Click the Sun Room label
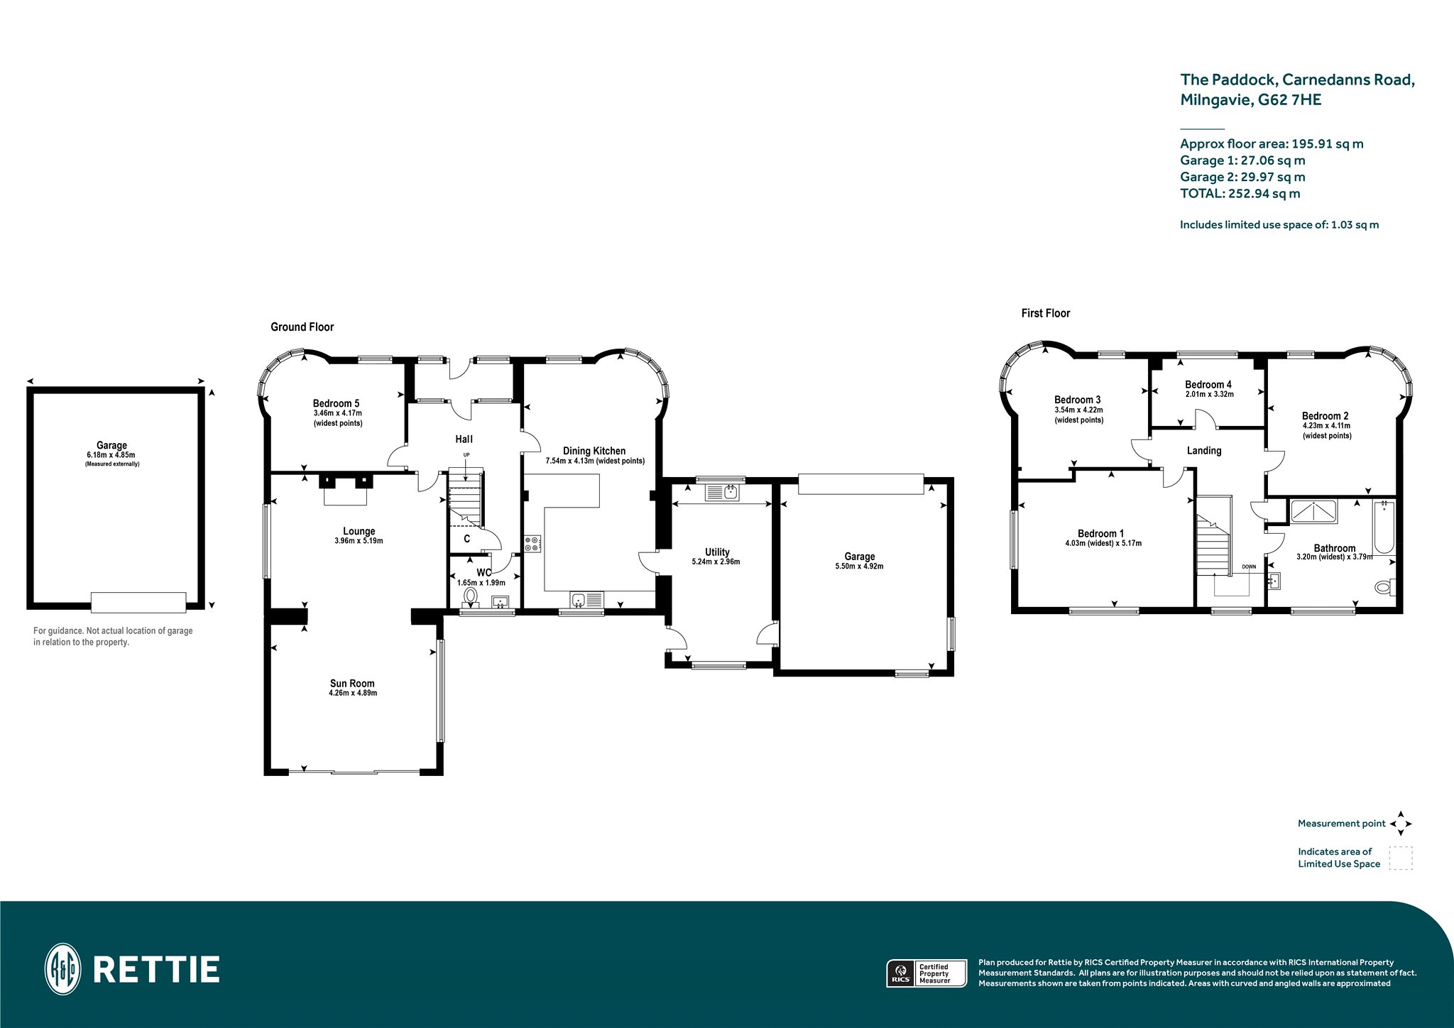coord(352,684)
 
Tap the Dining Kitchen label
coord(594,451)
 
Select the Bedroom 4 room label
coord(1208,385)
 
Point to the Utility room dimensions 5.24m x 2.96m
coord(716,562)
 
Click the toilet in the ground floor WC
coord(470,596)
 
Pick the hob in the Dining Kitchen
coord(532,544)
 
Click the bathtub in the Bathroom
coord(1384,527)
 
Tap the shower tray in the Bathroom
coord(1313,511)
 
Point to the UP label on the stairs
coord(466,455)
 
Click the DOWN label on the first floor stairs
coord(1249,567)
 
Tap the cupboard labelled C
coord(467,539)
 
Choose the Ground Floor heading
coord(302,327)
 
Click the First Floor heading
coord(1045,313)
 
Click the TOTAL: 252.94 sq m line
coord(1240,194)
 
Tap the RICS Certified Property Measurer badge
coord(926,973)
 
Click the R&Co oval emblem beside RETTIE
coord(62,969)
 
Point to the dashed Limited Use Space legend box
coord(1401,858)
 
